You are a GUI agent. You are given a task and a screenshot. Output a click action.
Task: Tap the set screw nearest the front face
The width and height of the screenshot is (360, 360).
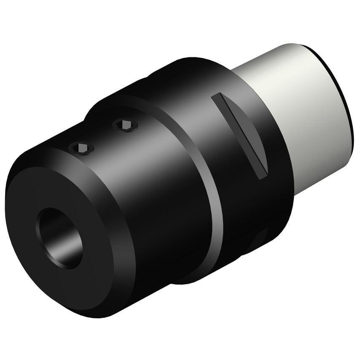[x=81, y=148]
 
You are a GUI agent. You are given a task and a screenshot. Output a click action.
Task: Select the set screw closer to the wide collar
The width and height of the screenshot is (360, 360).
[x=125, y=125]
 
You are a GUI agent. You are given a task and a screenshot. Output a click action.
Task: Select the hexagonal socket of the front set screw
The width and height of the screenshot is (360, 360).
[x=81, y=148]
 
